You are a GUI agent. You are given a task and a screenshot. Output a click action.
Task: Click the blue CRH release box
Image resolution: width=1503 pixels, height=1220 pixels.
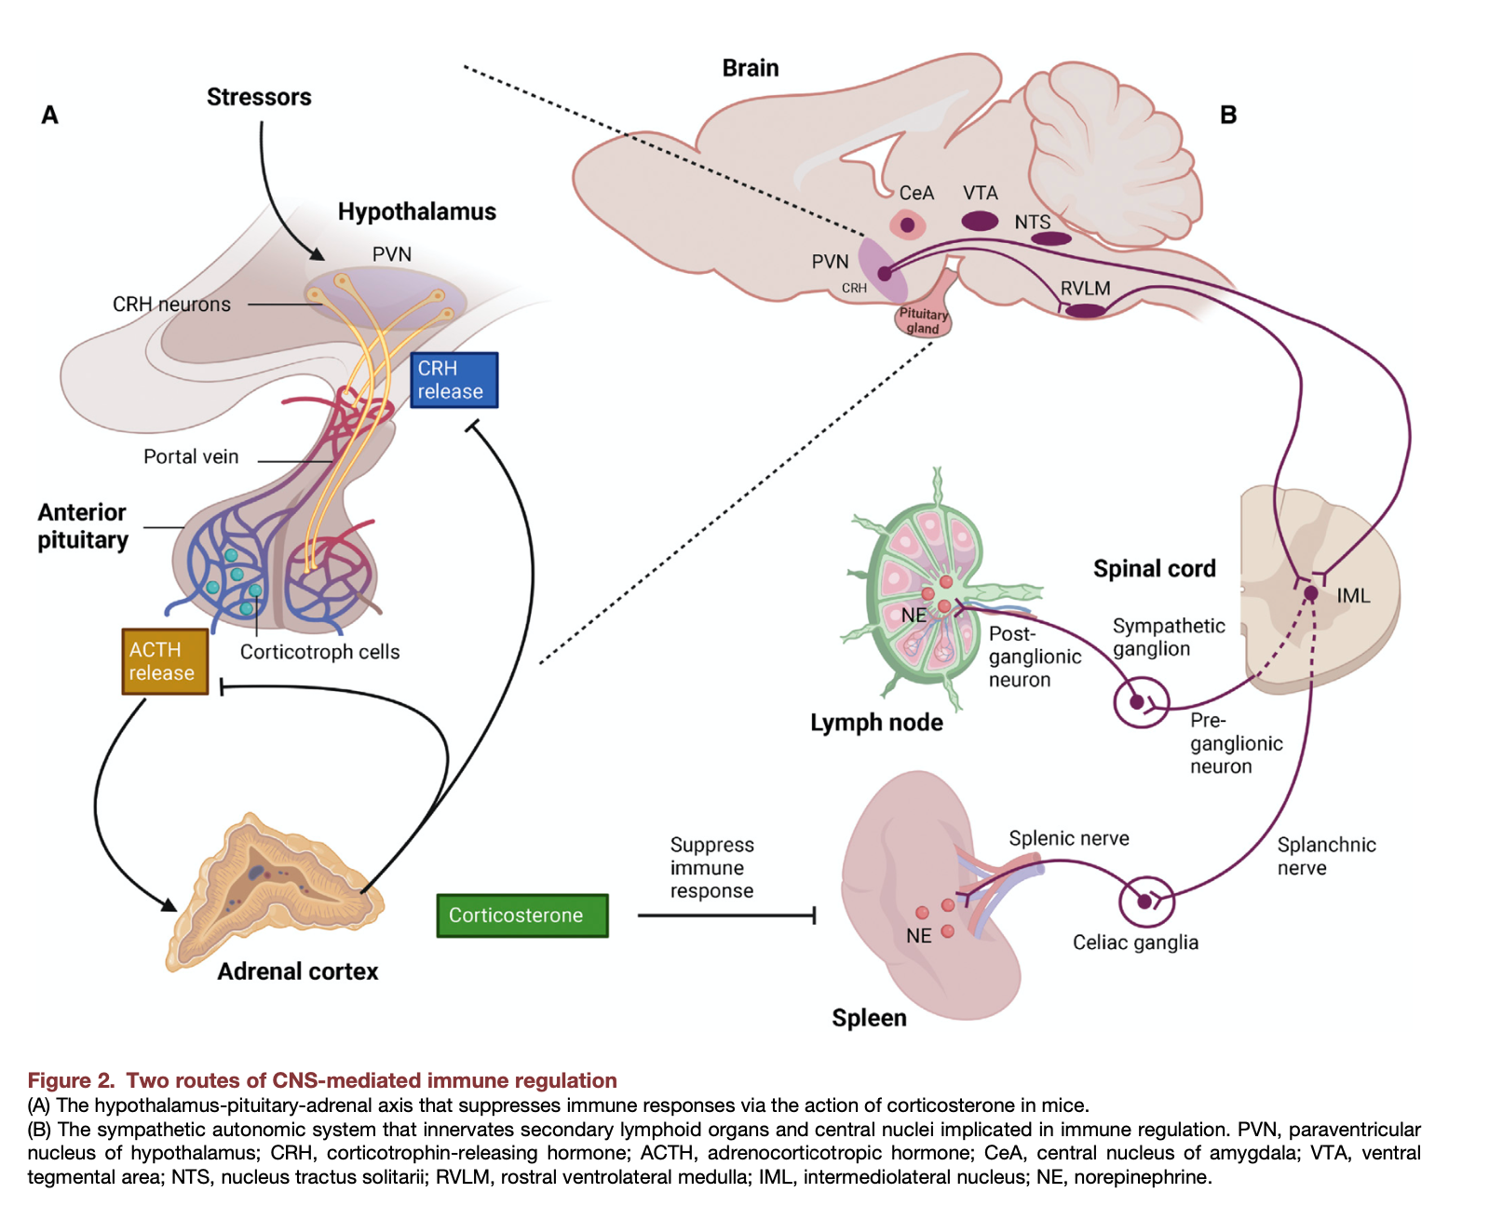point(454,380)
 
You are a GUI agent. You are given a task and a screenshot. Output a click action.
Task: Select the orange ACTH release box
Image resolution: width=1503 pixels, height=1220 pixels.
point(164,661)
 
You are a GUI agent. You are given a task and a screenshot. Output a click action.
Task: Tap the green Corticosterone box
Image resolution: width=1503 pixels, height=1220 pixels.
point(521,915)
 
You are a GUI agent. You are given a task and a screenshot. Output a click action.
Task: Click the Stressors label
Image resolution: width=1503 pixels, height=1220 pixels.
point(259,98)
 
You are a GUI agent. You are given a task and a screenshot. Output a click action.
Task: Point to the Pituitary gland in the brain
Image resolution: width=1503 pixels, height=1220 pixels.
point(923,319)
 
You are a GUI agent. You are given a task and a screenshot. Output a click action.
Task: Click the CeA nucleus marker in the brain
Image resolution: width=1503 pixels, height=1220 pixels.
point(907,224)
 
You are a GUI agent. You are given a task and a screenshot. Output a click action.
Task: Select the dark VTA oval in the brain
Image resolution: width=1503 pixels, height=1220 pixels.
point(980,221)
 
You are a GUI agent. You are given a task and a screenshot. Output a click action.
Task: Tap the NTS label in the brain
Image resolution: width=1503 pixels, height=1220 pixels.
point(1032,223)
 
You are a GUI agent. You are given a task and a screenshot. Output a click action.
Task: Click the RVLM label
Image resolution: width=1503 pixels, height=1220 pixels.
point(1085,289)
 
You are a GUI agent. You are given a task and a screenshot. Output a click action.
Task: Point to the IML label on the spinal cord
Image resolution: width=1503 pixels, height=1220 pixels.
point(1353,596)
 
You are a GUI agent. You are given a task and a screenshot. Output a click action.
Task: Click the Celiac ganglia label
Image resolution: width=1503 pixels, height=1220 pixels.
point(1135,942)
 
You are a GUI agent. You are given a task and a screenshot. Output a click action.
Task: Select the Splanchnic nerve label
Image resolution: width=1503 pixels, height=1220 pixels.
point(1325,857)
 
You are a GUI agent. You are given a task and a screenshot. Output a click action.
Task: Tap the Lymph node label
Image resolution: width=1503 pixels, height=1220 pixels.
point(876,723)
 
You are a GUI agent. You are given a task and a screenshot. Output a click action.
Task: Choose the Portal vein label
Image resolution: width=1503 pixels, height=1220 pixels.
point(191,457)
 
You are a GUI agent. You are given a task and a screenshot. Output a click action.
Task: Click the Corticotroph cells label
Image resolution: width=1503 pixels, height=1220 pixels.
point(319,653)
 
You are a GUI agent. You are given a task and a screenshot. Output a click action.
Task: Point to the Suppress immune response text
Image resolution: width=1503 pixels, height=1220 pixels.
point(711,868)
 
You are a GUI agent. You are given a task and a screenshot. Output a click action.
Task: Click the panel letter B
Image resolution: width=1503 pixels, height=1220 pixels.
point(1228,115)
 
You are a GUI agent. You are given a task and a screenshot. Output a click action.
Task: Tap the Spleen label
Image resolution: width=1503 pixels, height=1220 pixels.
point(869,1018)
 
